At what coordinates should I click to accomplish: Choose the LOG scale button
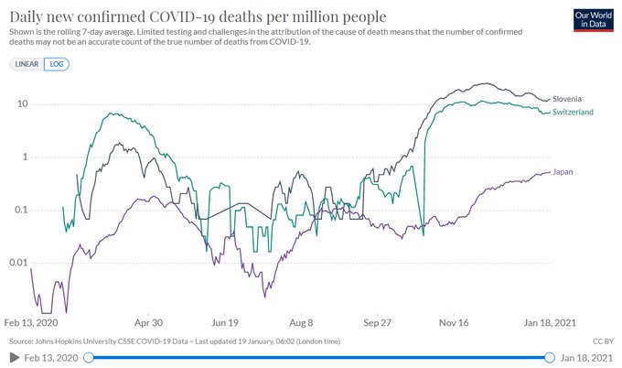(58, 64)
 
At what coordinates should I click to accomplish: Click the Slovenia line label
(567, 98)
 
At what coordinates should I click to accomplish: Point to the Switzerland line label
(574, 112)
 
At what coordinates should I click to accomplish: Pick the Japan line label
(564, 170)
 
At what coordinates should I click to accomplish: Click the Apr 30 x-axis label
(148, 323)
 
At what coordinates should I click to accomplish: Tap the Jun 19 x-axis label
(225, 323)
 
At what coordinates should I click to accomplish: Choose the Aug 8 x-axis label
(301, 323)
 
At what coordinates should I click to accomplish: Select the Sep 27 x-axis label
(377, 323)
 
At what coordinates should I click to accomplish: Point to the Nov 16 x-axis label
(454, 323)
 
